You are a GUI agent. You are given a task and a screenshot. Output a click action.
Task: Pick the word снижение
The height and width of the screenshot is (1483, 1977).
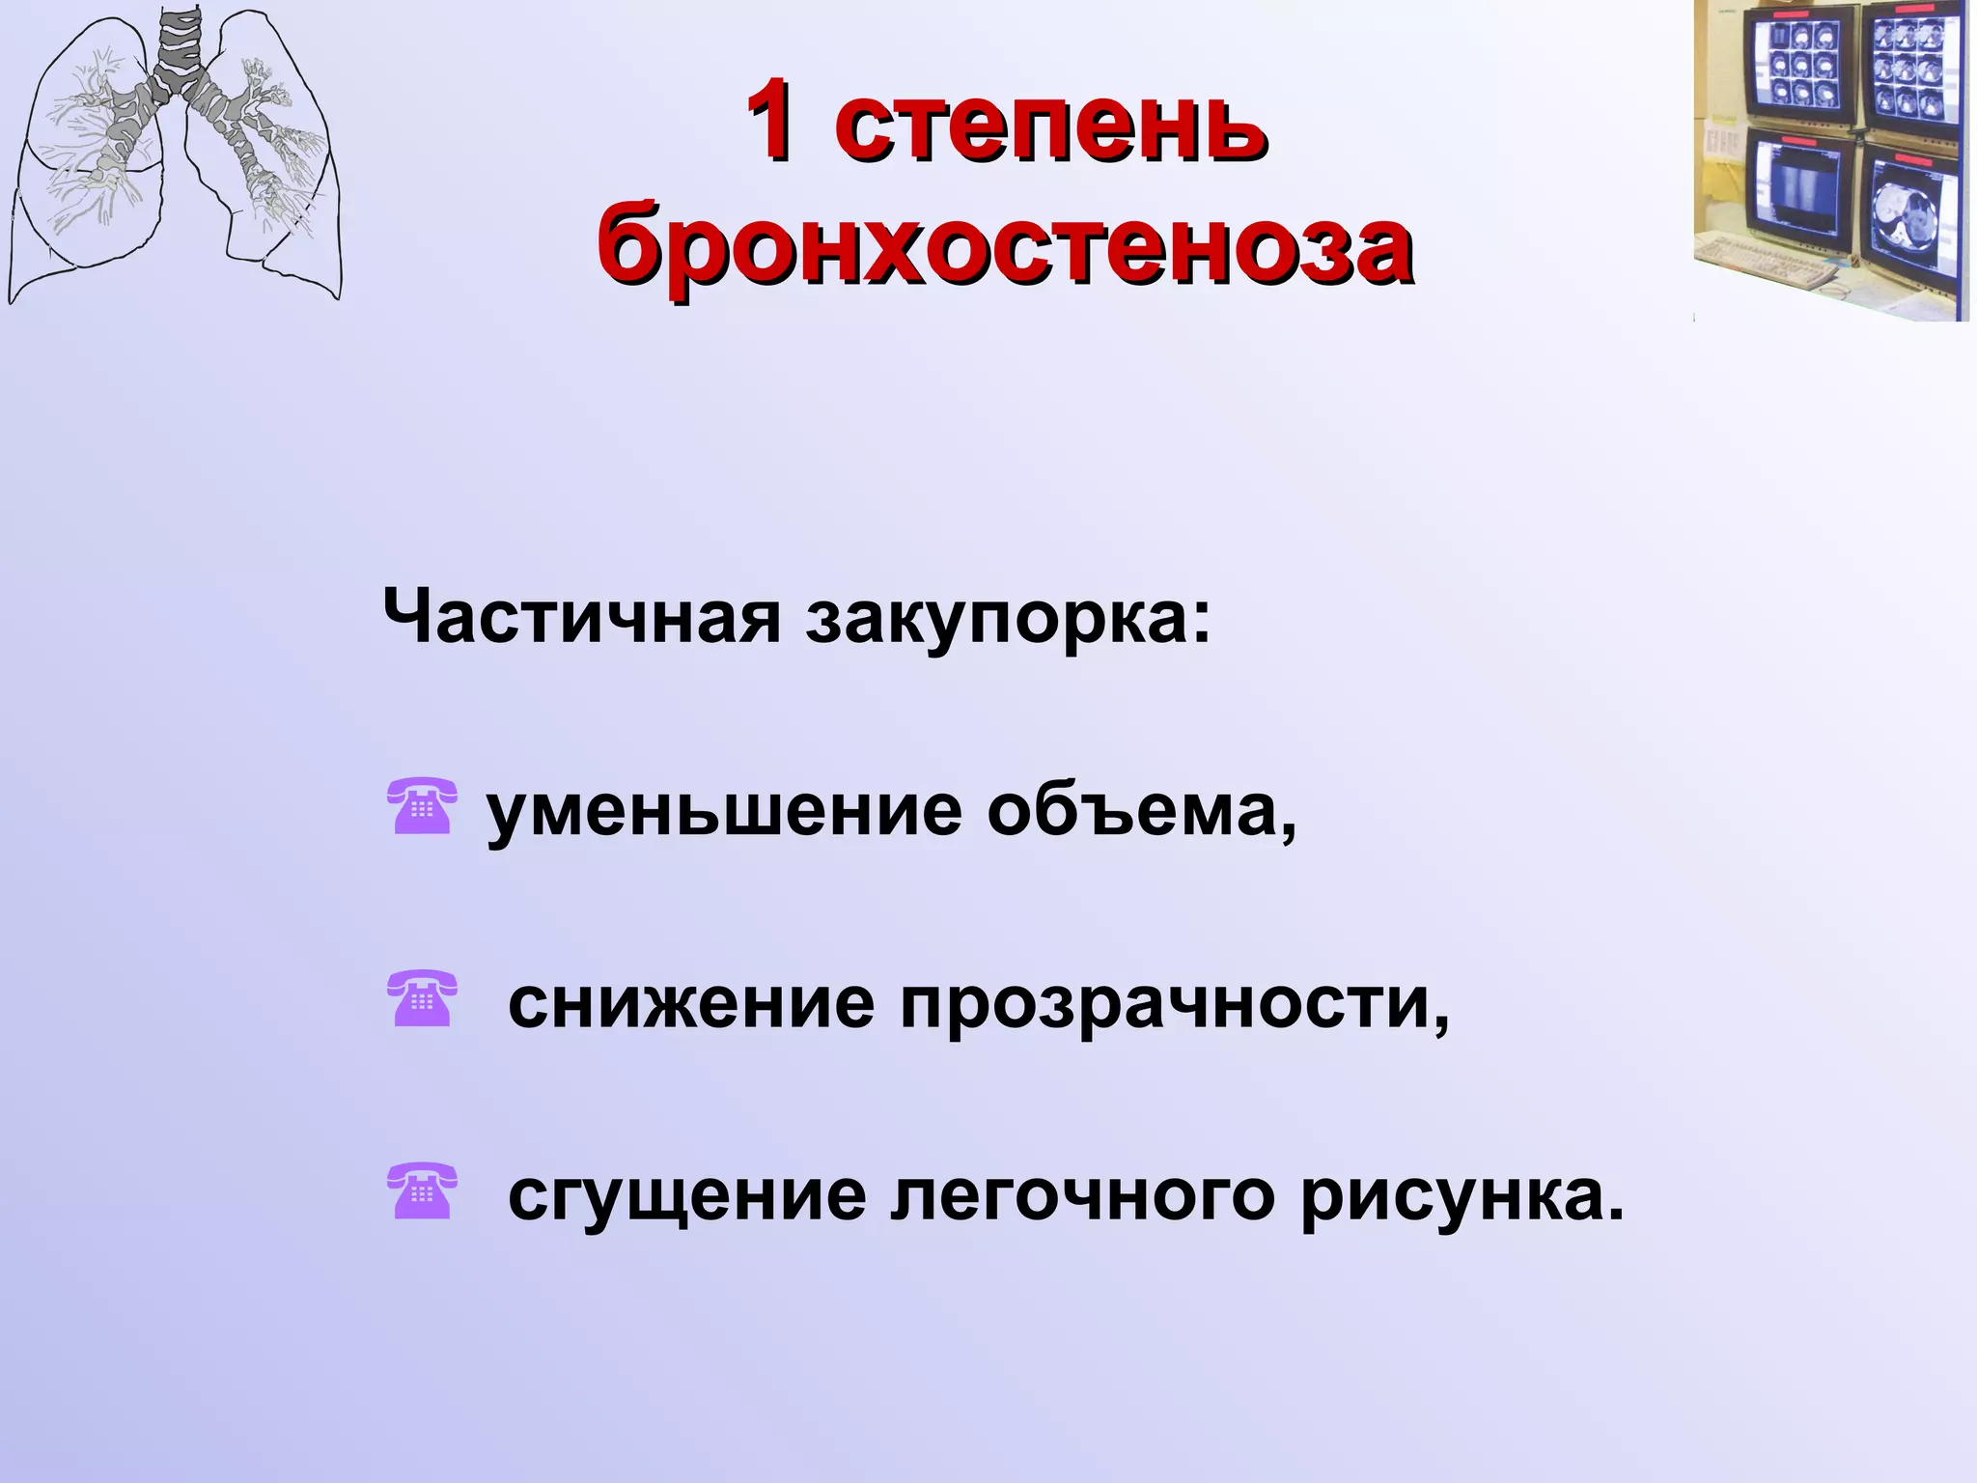click(691, 1004)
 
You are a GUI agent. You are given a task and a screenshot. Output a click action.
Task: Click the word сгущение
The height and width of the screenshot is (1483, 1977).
click(687, 1197)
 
